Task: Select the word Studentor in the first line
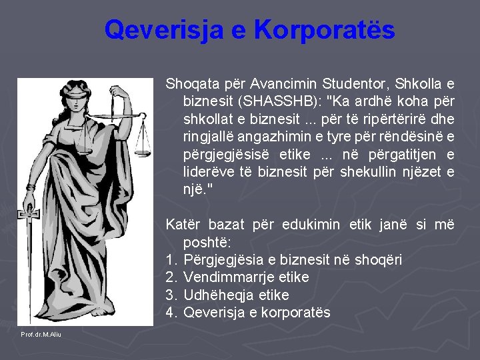pyautogui.click(x=354, y=85)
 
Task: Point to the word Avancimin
pyautogui.click(x=286, y=85)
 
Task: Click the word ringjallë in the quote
pyautogui.click(x=209, y=137)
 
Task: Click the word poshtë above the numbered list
pyautogui.click(x=205, y=242)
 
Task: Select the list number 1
pyautogui.click(x=170, y=260)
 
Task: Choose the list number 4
pyautogui.click(x=170, y=312)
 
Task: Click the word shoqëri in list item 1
pyautogui.click(x=378, y=260)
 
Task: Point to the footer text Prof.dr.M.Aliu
pyautogui.click(x=41, y=334)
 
